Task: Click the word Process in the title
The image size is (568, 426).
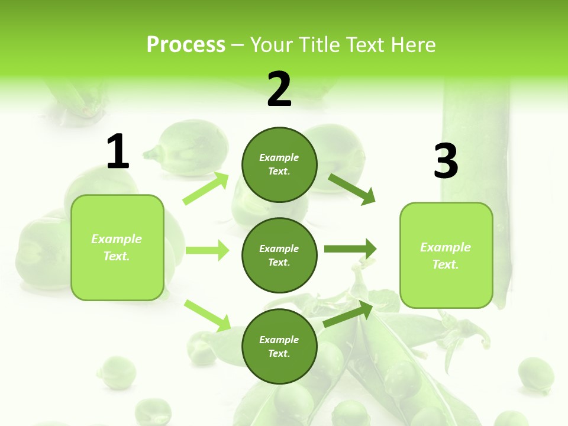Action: point(186,45)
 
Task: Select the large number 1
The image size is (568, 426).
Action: point(118,152)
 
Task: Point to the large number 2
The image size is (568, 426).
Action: point(279,89)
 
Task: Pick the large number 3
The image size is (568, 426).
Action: point(446,161)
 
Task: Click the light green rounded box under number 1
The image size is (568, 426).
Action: point(117,247)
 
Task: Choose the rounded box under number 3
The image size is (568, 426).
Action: point(446,255)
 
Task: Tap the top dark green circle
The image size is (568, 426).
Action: point(279,164)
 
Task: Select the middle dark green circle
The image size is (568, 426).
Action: point(279,255)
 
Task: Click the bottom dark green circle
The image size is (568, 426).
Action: point(279,346)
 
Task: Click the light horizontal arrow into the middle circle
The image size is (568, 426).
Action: point(207,250)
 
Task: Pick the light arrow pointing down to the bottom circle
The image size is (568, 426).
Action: point(208,315)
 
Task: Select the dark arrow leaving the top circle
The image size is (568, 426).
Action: point(353,189)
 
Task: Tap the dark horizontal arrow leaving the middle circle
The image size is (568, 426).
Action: point(350,249)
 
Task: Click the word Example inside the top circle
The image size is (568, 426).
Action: point(279,157)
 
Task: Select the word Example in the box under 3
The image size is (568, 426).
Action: point(446,247)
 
